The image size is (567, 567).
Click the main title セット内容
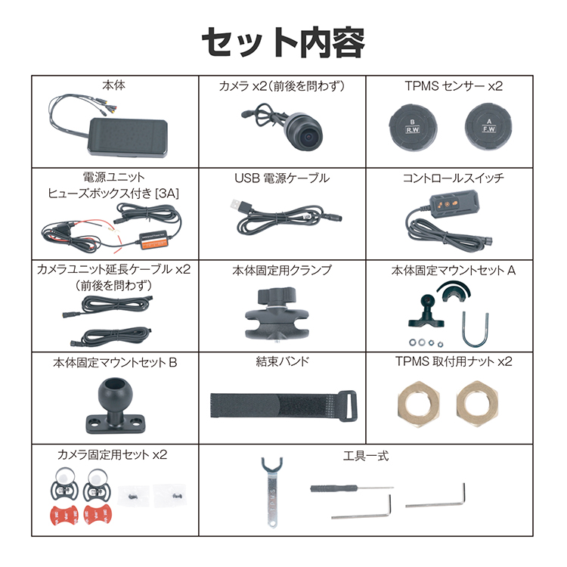pyautogui.click(x=283, y=42)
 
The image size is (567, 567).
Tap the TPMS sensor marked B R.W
pyautogui.click(x=413, y=127)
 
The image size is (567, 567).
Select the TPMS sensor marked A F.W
pyautogui.click(x=488, y=126)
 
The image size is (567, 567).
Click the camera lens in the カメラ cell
pyautogui.click(x=308, y=137)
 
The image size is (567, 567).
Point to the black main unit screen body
pyautogui.click(x=128, y=138)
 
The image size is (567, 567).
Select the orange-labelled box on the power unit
pyautogui.click(x=153, y=241)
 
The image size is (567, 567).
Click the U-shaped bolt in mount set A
pyautogui.click(x=475, y=330)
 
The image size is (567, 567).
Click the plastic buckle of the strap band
pyautogui.click(x=347, y=406)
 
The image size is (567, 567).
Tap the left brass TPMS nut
pyautogui.click(x=418, y=404)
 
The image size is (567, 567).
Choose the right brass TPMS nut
pyautogui.click(x=477, y=404)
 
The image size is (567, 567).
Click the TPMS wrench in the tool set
pyautogui.click(x=272, y=492)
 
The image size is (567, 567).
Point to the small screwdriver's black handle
pyautogui.click(x=333, y=488)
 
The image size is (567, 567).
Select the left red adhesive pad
pyautogui.click(x=64, y=516)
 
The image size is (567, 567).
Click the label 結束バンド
pyautogui.click(x=283, y=361)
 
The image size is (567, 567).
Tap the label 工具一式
pyautogui.click(x=366, y=455)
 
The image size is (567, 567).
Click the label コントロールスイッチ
pyautogui.click(x=453, y=178)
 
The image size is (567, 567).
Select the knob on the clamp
pyautogui.click(x=277, y=296)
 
